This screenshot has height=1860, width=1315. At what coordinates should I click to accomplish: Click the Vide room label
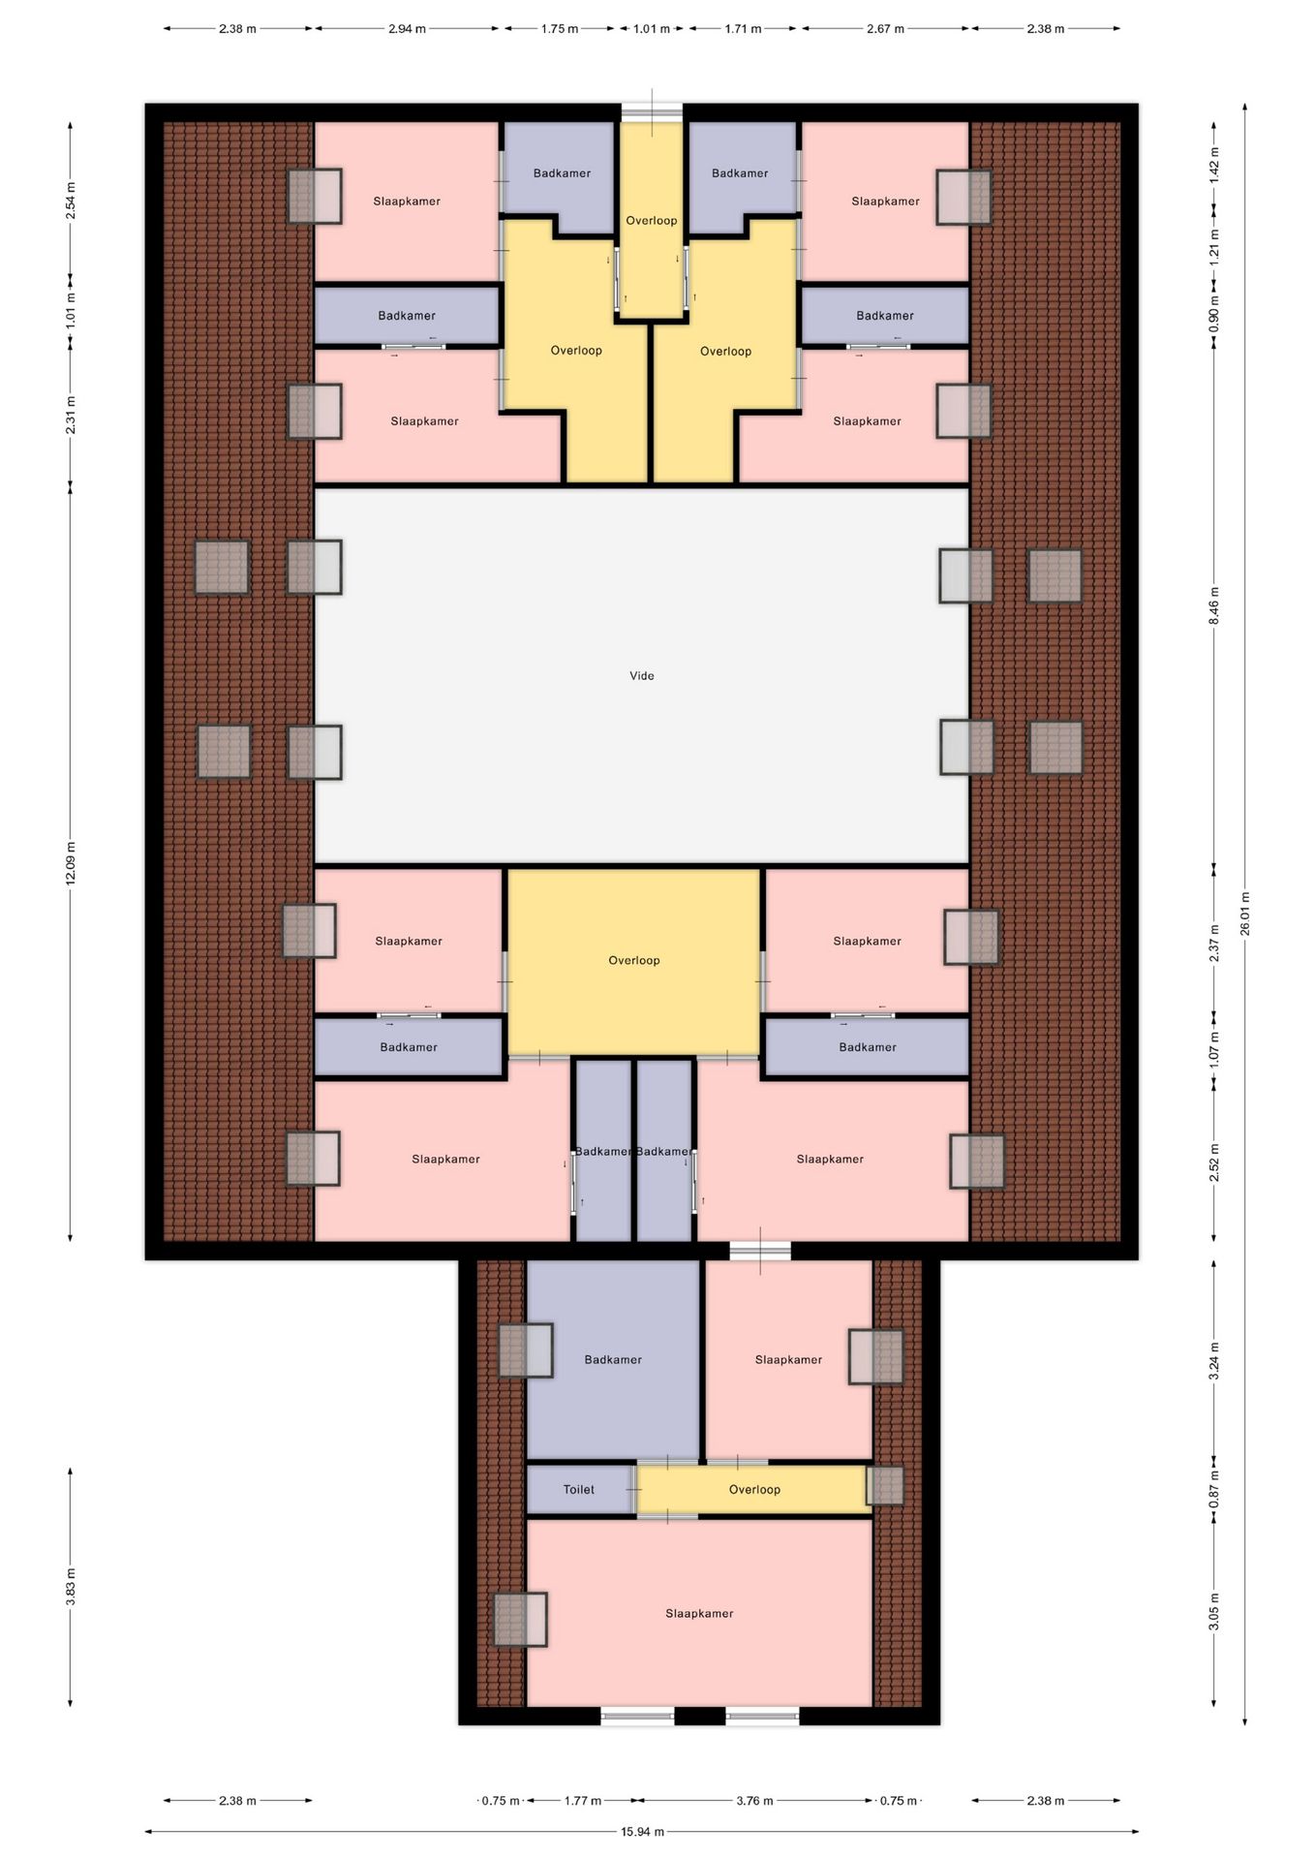click(642, 676)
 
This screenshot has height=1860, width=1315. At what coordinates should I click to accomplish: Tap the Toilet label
click(579, 1490)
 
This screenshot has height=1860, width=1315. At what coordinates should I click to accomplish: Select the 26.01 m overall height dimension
click(1245, 914)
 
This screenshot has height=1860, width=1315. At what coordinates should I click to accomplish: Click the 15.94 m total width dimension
click(642, 1832)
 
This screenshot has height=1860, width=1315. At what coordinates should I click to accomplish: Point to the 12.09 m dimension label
click(71, 863)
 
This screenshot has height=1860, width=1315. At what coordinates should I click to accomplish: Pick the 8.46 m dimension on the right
click(1214, 605)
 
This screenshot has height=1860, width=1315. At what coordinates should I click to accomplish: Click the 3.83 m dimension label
click(71, 1587)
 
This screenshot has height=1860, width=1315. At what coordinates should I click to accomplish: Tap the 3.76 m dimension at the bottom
click(754, 1801)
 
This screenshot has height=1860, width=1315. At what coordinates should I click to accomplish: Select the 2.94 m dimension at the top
click(407, 29)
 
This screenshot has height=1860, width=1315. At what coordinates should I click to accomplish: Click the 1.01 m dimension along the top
click(652, 29)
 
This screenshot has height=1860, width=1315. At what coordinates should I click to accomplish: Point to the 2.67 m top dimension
click(885, 29)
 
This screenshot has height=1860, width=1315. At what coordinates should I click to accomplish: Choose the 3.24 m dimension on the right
click(1214, 1361)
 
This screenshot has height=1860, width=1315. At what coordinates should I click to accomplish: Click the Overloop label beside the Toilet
click(754, 1490)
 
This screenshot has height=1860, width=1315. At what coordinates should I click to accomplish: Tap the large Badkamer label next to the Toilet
click(613, 1360)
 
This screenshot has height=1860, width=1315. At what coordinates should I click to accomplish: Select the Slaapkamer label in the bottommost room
click(699, 1614)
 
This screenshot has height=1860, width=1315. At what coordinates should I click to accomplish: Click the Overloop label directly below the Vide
click(634, 961)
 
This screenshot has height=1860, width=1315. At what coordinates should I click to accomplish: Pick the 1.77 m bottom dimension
click(583, 1801)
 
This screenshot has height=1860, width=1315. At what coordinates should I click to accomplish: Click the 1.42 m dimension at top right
click(1214, 165)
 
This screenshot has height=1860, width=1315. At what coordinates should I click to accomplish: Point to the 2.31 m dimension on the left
click(71, 415)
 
